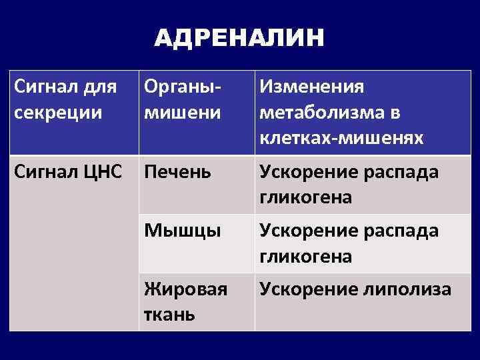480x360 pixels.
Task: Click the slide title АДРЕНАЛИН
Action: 239,39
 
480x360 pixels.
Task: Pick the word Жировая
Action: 185,290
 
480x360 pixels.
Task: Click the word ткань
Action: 169,314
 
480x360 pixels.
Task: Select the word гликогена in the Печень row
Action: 305,198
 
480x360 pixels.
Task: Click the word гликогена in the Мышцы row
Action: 305,256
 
